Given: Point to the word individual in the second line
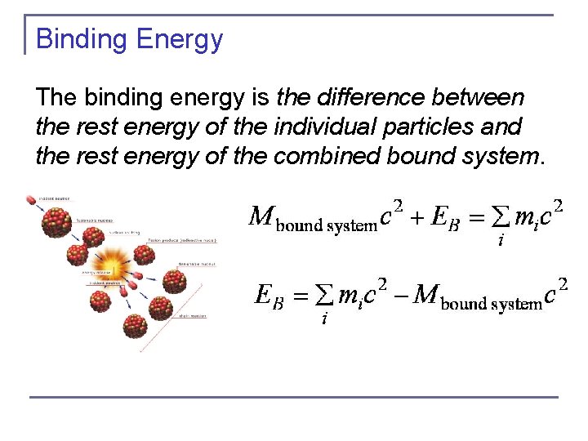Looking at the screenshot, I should [x=305, y=128].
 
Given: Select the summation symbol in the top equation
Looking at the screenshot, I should [x=499, y=218].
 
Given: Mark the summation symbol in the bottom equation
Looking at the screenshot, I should [x=324, y=296].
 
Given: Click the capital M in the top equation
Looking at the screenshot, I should [x=261, y=216].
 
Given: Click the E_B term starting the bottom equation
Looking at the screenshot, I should [x=269, y=295].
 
